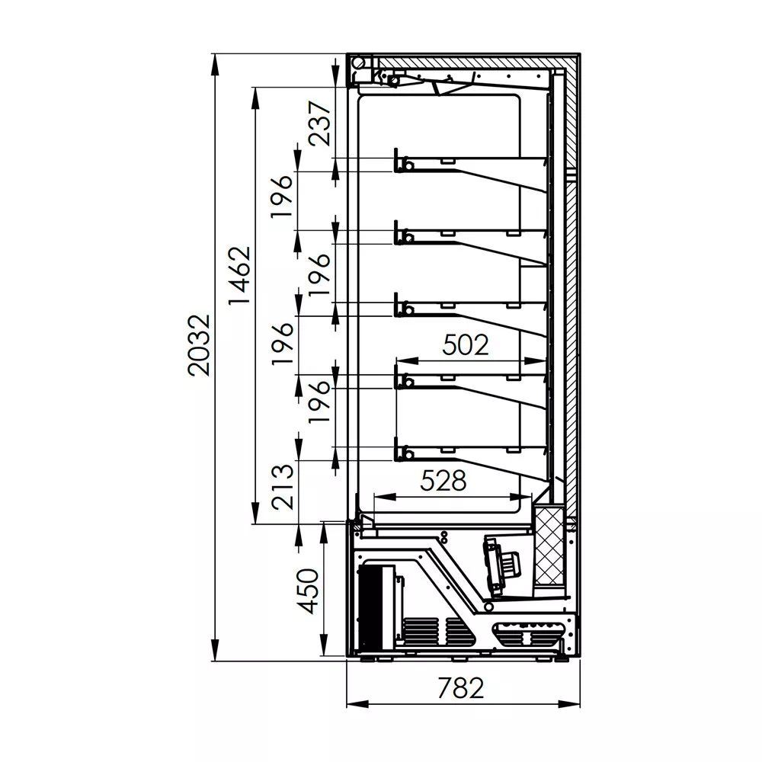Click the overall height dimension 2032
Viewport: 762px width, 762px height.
click(199, 345)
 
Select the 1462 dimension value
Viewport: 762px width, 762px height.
click(239, 276)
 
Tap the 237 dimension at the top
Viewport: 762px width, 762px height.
click(320, 123)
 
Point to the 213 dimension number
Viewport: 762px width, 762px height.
click(283, 486)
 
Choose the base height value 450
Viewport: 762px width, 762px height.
click(308, 591)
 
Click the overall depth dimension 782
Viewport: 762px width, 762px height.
click(461, 688)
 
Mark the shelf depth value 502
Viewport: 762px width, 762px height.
click(465, 344)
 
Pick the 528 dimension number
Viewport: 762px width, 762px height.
click(443, 481)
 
